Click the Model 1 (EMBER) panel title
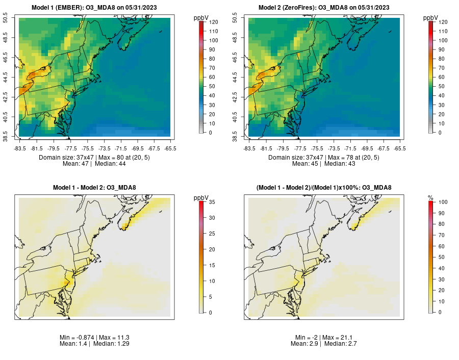[x=94, y=7]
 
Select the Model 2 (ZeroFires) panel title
[x=324, y=7]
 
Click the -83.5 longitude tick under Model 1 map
[x=20, y=148]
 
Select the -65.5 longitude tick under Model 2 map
[x=400, y=148]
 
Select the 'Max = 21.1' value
[x=338, y=338]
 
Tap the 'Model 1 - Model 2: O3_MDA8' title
[x=94, y=188]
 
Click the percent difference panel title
[x=324, y=188]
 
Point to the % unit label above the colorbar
[x=430, y=197]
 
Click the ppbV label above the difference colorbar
[x=201, y=197]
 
